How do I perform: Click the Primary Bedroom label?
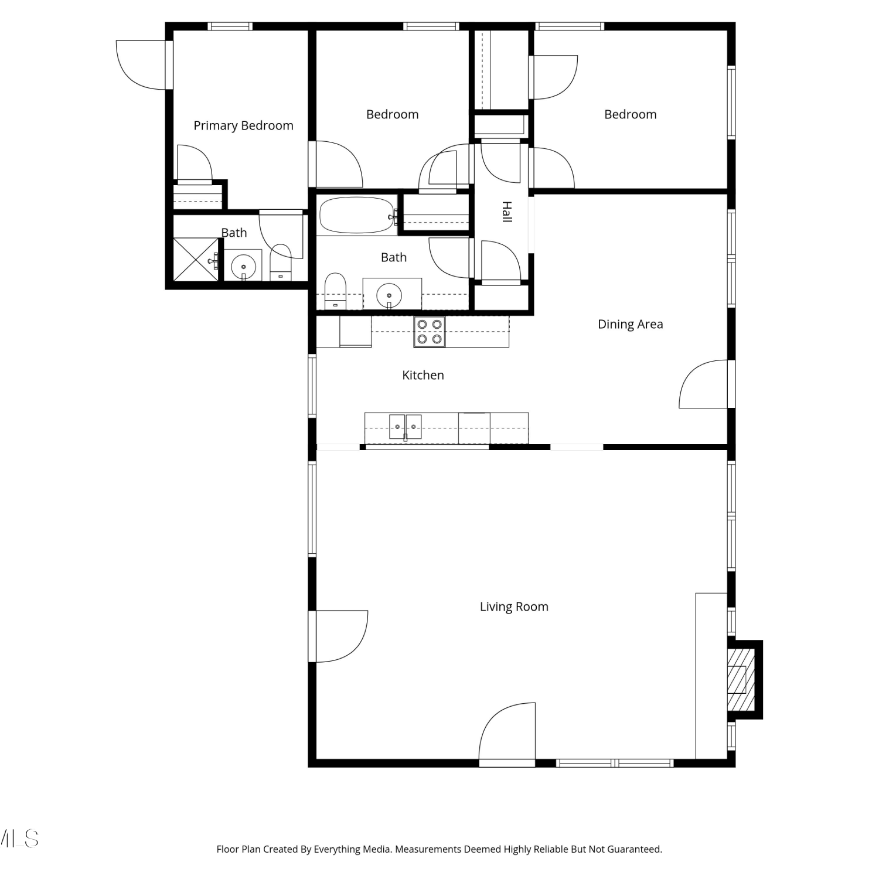(x=243, y=125)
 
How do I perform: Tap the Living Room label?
(x=514, y=607)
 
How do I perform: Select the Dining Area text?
(x=630, y=324)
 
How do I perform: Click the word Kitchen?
(x=423, y=375)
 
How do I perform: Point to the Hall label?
(x=507, y=212)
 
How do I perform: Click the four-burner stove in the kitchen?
(x=430, y=332)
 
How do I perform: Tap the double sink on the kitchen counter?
(x=406, y=427)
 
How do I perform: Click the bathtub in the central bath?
(x=357, y=215)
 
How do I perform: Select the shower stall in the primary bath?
(x=196, y=260)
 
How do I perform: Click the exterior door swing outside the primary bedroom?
(x=141, y=65)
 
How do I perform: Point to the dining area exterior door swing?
(x=703, y=384)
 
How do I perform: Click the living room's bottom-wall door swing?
(x=507, y=731)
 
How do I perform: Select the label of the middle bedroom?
(x=393, y=114)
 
